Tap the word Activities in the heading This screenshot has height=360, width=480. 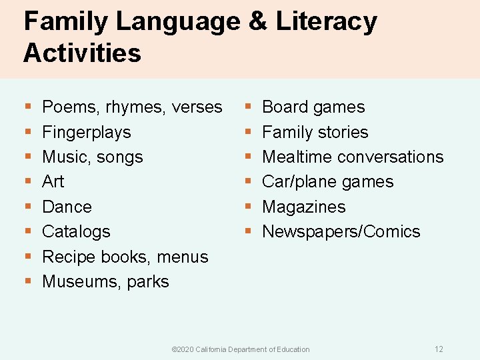(82, 53)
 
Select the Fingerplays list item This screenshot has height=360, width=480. (86, 132)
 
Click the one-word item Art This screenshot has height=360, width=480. (53, 181)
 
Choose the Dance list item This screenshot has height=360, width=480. (67, 207)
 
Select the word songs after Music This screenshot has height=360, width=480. (122, 157)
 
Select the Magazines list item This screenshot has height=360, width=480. (304, 207)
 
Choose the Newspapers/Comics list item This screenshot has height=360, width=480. (341, 231)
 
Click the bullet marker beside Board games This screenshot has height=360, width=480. (247, 107)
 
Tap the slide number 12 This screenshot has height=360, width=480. (439, 349)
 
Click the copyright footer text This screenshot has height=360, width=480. (241, 349)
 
